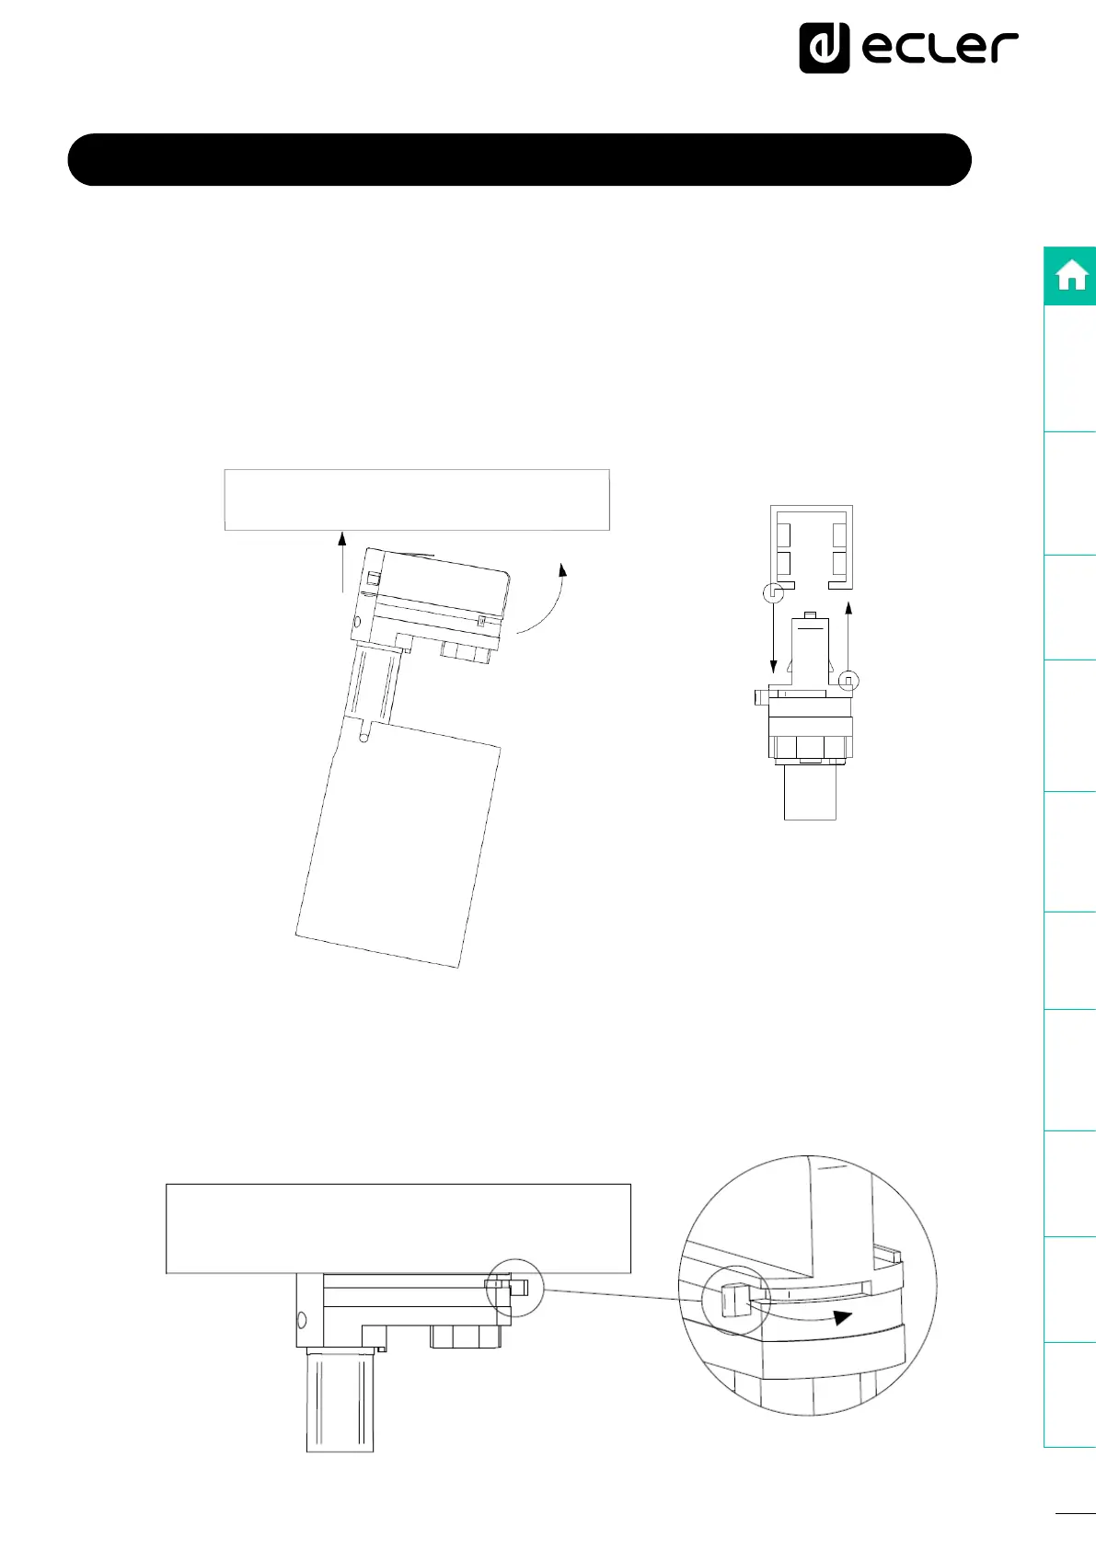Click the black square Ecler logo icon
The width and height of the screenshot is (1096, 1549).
[825, 48]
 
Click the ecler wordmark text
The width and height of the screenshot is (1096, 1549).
[940, 48]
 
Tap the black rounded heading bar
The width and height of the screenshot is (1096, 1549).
[519, 160]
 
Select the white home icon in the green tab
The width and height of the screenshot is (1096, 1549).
[1072, 275]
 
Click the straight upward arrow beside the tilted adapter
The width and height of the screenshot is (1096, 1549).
[341, 561]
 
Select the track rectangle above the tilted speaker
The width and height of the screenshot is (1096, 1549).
[417, 500]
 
